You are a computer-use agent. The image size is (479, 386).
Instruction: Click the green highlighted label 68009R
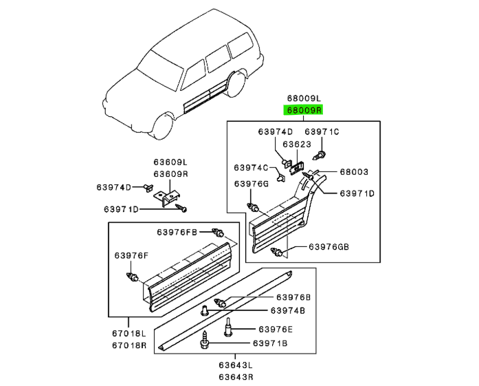[303, 110]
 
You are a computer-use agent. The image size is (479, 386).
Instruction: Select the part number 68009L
[304, 98]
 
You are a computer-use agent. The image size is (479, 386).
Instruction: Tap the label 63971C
[322, 131]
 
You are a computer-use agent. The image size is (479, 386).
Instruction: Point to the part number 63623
[297, 144]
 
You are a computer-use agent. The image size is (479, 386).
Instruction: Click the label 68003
[354, 172]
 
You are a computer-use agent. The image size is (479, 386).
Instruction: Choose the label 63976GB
[328, 246]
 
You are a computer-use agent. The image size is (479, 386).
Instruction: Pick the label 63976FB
[177, 232]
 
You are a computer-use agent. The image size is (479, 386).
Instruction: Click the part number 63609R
[170, 174]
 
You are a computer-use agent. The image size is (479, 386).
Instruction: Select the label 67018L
[129, 333]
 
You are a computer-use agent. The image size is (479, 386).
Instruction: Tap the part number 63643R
[236, 377]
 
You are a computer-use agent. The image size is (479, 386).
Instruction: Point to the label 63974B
[288, 311]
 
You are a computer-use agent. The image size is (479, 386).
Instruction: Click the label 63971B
[270, 343]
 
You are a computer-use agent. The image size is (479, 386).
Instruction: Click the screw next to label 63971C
[319, 155]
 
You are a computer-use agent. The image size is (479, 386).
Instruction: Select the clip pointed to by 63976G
[253, 208]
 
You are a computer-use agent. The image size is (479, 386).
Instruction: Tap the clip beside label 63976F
[132, 277]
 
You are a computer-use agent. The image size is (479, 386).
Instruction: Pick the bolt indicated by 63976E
[228, 327]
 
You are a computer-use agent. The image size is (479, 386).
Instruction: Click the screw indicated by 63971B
[205, 340]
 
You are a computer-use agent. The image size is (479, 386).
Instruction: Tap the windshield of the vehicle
[160, 69]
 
